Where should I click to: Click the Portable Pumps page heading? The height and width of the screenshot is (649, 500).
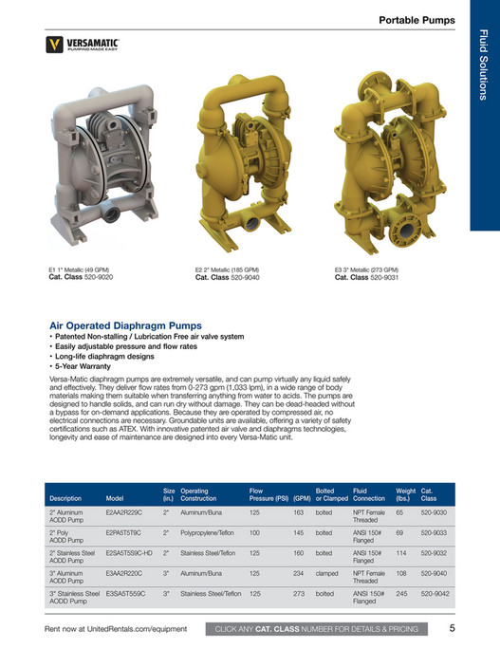pos(417,20)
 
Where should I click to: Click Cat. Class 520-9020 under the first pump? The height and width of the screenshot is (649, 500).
pos(81,278)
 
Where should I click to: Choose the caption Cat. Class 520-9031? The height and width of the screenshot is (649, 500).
pos(366,278)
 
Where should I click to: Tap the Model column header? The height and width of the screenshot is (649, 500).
pos(115,497)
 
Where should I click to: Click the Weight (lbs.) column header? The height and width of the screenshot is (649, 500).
pos(405,493)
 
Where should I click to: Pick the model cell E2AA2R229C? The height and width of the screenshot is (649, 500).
pos(124,512)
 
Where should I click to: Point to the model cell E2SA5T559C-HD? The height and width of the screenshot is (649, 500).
pos(129,552)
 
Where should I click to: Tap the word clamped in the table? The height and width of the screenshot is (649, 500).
pos(326,573)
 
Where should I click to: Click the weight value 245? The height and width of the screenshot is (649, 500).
pos(401,593)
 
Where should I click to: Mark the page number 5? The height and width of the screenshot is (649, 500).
pos(453,627)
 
